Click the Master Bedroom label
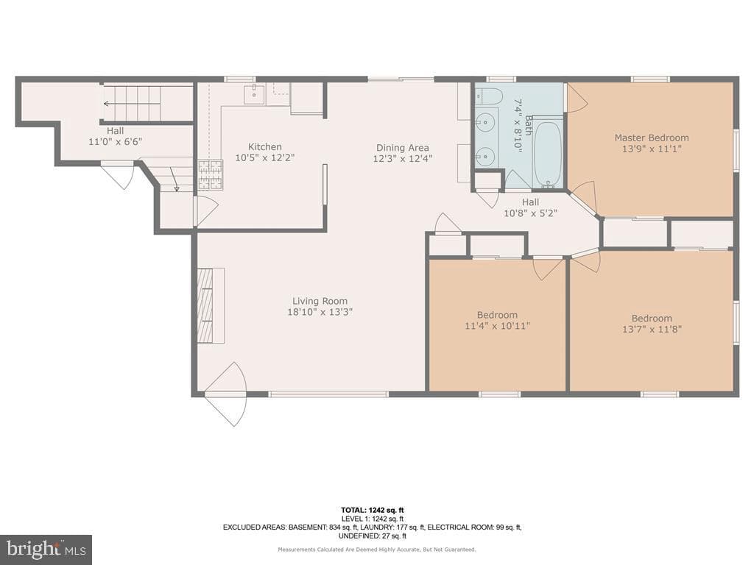(x=652, y=138)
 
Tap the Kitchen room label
(x=265, y=147)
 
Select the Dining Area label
(x=403, y=148)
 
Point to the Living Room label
(x=320, y=301)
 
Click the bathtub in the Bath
(x=548, y=154)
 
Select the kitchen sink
(x=254, y=94)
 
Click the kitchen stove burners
(x=211, y=174)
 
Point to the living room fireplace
(x=210, y=305)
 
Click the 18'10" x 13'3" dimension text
(x=320, y=312)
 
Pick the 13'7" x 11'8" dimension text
(x=652, y=329)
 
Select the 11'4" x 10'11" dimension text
(x=497, y=326)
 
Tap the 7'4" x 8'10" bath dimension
(x=518, y=126)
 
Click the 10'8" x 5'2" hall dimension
(x=530, y=213)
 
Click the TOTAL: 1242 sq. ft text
(x=372, y=511)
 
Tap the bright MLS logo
(x=46, y=549)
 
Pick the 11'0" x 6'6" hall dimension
(x=116, y=142)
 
